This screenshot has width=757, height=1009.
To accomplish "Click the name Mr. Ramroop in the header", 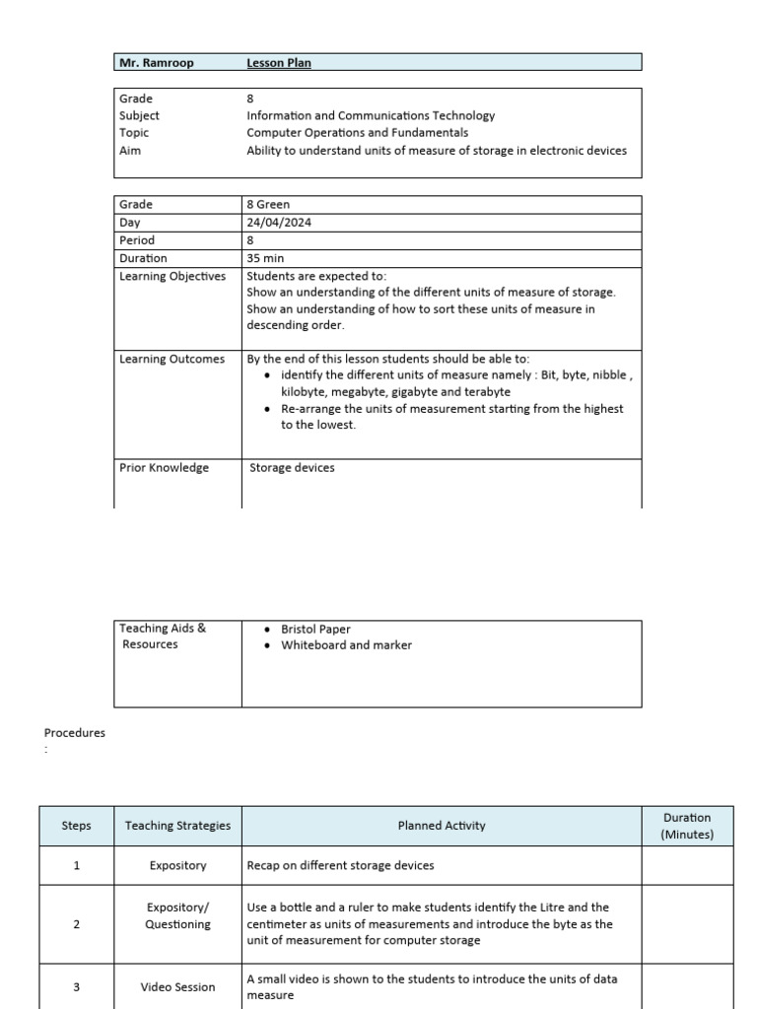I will (156, 63).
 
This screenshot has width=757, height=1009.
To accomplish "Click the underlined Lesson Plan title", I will (279, 63).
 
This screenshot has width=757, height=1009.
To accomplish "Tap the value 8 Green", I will (268, 205).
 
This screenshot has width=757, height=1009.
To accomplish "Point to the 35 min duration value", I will (265, 258).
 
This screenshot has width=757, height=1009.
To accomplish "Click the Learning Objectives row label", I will (172, 276).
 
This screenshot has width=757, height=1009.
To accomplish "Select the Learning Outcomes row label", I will (172, 360).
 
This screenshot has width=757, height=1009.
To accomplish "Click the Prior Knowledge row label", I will (164, 468).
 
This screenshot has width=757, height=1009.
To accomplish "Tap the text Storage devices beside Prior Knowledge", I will (292, 468).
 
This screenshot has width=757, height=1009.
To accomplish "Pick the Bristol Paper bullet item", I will (315, 629).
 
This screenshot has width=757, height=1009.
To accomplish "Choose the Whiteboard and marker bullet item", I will (346, 645).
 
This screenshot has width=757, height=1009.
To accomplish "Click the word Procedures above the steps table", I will (75, 733).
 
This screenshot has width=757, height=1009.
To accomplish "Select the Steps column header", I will (76, 826).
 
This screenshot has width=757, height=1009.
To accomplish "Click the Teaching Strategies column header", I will (177, 826).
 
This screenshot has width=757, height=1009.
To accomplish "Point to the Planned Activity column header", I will (442, 826).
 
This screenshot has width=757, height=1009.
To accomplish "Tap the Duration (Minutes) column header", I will (687, 826).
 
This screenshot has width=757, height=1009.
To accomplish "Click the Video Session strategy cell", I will (177, 987).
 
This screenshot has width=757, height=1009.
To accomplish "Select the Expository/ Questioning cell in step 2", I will (177, 915).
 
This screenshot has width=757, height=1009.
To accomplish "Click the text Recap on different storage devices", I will (340, 866).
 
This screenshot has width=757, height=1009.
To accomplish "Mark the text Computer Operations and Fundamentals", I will (357, 133).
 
